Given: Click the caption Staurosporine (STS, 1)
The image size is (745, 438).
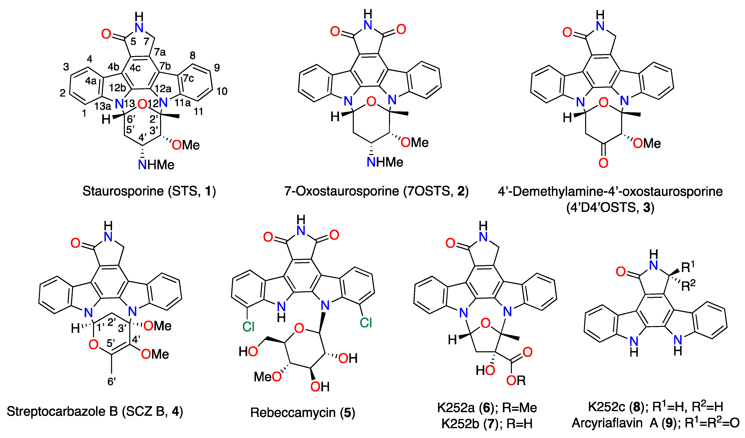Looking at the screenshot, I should click(x=149, y=191).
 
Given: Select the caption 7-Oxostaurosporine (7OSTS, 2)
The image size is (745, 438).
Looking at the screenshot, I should click(x=376, y=191).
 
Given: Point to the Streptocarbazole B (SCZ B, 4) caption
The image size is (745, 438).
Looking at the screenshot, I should click(x=95, y=411).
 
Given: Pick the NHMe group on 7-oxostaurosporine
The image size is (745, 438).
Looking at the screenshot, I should click(x=385, y=162).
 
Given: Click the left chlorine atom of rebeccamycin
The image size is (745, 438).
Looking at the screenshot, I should click(x=248, y=327).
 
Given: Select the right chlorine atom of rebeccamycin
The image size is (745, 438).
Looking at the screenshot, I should click(x=366, y=323).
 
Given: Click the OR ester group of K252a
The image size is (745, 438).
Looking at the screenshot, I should click(x=516, y=381).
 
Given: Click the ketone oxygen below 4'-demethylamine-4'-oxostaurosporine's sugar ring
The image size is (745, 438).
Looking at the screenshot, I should click(x=603, y=163).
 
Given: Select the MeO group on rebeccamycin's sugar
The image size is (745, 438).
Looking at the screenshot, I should click(x=268, y=377).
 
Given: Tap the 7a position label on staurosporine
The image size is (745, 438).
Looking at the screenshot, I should click(x=160, y=52).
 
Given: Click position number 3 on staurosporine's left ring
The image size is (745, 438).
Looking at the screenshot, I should click(x=66, y=67).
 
